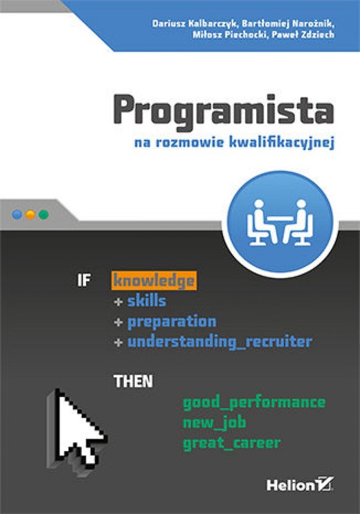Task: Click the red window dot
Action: pyautogui.click(x=17, y=214)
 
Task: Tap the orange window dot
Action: pyautogui.click(x=30, y=214)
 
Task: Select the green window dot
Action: pyautogui.click(x=43, y=214)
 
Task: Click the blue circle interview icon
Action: pyautogui.click(x=280, y=219)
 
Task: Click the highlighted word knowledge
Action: pyautogui.click(x=153, y=281)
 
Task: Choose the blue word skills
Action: pyautogui.click(x=146, y=301)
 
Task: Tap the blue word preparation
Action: pyautogui.click(x=172, y=321)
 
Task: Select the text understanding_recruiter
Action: pyautogui.click(x=219, y=341)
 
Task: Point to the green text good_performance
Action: pyautogui.click(x=254, y=402)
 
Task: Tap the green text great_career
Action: pyautogui.click(x=232, y=443)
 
